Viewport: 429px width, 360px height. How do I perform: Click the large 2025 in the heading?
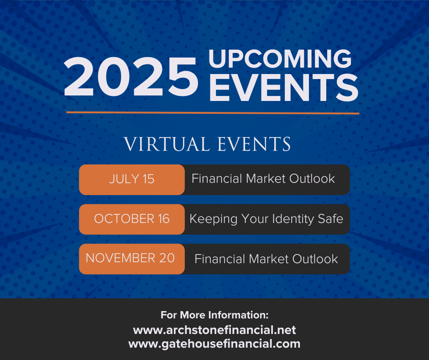point(131,77)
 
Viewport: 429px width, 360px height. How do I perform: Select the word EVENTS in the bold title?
point(284,88)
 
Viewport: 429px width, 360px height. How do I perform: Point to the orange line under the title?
point(213,112)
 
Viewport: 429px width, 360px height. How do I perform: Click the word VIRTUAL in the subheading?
point(167,144)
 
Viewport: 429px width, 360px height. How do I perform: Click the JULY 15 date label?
point(131,179)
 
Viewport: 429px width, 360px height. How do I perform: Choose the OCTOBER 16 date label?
point(131,219)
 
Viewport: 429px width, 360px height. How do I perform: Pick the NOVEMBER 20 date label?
point(130,258)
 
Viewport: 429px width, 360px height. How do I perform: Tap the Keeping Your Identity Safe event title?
point(266,219)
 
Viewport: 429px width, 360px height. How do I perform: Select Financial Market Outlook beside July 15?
point(263,179)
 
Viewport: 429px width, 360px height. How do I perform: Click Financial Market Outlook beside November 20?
point(266,259)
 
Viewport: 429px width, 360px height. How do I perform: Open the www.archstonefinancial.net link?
point(214,330)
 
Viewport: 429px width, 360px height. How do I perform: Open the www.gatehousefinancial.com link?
point(214,344)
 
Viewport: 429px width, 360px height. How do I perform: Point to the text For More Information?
point(214,315)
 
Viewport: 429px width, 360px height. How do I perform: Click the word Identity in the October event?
point(293,219)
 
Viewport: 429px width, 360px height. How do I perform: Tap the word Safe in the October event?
point(330,219)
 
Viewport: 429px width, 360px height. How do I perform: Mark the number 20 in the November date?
point(167,258)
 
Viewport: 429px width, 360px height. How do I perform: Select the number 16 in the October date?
point(163,219)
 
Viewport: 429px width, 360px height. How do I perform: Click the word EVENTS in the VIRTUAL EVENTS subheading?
point(254,144)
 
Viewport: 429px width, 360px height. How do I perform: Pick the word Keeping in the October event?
point(214,219)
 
